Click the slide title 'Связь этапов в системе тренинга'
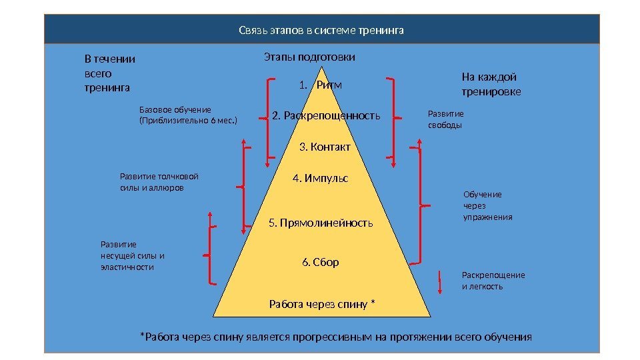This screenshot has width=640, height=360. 321,31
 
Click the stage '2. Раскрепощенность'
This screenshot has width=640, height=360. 326,116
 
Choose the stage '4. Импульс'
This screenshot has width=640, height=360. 321,179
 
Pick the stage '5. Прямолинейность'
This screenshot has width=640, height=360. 321,223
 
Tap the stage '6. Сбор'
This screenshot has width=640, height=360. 321,262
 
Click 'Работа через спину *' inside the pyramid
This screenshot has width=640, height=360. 322,305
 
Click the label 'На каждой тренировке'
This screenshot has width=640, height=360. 491,84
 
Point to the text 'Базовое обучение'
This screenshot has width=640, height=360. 175,109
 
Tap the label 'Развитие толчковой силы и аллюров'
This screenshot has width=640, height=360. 159,183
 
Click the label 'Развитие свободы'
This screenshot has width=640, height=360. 445,119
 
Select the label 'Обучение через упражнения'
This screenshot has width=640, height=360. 487,205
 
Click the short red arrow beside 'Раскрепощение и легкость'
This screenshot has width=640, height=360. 440,281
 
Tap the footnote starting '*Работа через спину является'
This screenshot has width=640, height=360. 335,337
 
